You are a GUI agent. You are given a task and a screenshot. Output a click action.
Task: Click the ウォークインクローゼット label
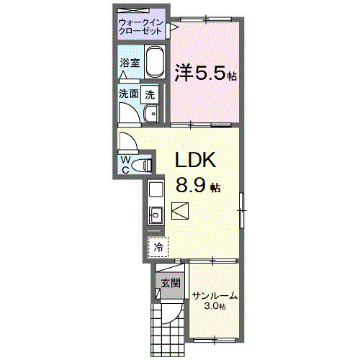142,28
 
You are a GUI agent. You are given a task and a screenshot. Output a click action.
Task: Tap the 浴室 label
130,63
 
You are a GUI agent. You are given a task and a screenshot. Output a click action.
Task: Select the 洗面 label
130,94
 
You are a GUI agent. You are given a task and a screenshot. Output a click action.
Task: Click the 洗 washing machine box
150,94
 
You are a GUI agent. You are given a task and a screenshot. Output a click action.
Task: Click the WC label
125,164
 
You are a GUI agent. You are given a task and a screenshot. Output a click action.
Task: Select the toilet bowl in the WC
145,165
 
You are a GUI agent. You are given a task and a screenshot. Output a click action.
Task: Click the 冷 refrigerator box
158,246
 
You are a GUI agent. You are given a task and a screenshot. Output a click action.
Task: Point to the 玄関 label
169,282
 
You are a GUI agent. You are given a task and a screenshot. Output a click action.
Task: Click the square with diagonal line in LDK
180,209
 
